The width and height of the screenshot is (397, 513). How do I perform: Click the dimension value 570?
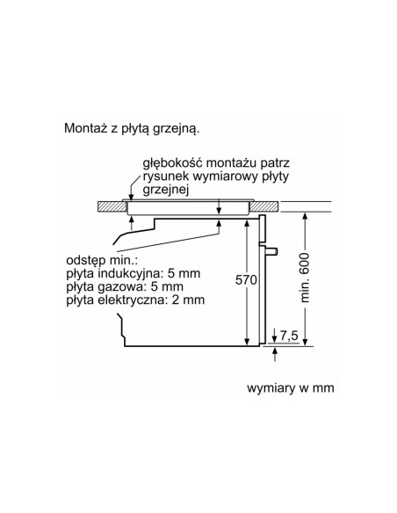point(246,280)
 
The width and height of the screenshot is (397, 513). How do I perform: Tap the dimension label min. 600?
point(305,278)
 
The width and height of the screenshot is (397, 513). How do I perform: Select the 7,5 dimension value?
point(289,335)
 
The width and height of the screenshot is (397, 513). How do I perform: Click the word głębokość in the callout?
point(171,163)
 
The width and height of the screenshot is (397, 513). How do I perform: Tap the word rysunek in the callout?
point(166,177)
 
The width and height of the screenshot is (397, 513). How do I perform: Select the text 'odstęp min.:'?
point(102,261)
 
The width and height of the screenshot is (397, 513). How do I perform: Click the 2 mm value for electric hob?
point(188,300)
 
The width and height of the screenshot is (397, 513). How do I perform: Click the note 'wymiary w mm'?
point(291,388)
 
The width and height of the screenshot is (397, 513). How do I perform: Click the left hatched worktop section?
point(112,206)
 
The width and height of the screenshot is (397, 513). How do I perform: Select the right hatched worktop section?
point(264,206)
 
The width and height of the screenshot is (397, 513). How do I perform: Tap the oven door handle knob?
point(272,251)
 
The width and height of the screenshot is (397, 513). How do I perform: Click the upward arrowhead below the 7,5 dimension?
point(275,350)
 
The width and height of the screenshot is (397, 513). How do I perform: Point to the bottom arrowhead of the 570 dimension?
point(247,342)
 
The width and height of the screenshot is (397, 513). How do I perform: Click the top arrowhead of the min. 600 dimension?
point(305,217)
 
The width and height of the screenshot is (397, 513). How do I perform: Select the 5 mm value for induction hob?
point(184,274)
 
